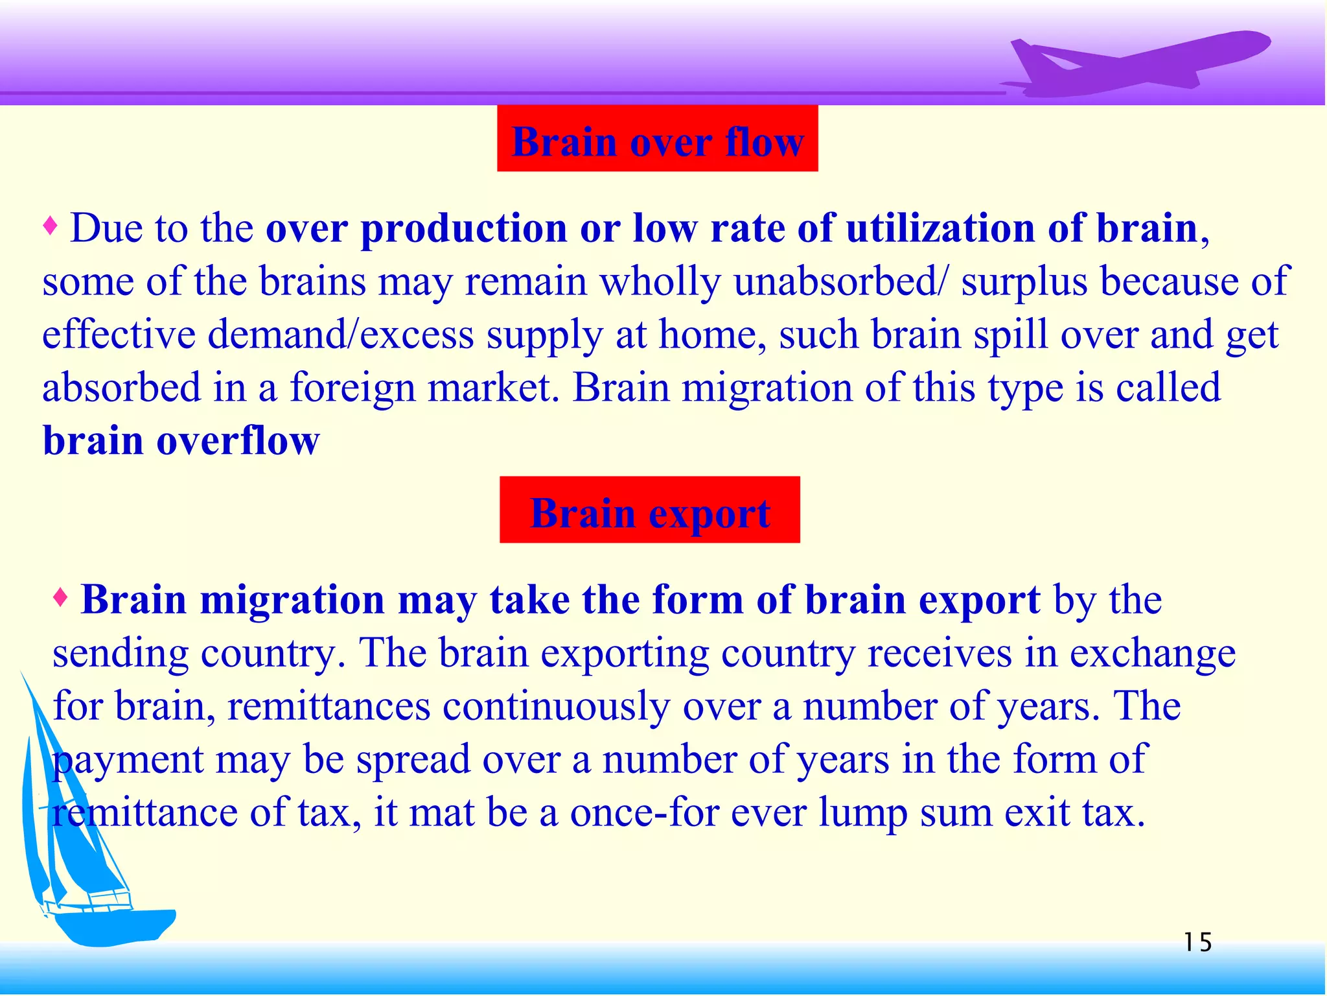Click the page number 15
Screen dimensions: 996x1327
click(1197, 942)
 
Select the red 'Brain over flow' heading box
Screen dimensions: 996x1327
click(657, 139)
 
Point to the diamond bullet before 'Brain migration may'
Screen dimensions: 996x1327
click(60, 597)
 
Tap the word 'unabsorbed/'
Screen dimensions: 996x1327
click(840, 282)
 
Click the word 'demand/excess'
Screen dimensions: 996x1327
click(341, 335)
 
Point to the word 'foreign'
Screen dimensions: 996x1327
click(352, 388)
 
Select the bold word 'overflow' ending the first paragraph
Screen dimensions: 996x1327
click(238, 441)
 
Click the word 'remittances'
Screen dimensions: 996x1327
click(329, 706)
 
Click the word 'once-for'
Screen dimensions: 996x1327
click(644, 812)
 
